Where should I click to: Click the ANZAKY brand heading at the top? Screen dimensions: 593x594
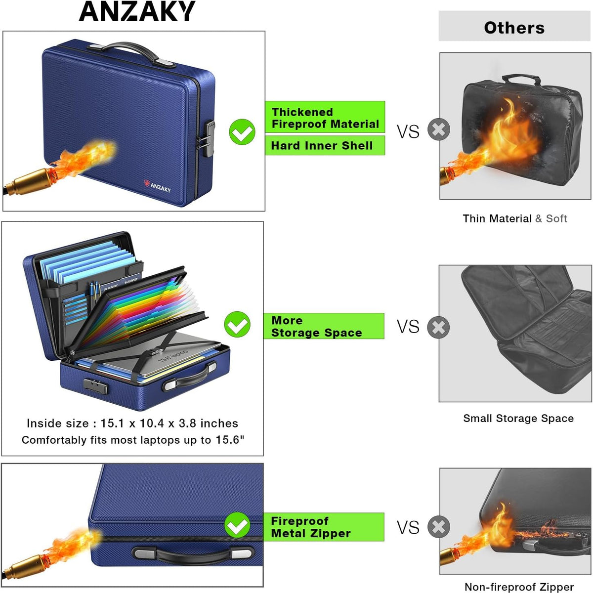137,11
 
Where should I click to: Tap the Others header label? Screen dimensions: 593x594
514,28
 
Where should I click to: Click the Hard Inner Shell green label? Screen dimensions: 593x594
325,145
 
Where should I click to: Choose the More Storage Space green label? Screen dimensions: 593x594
324,326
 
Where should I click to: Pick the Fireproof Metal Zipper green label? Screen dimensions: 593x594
324,527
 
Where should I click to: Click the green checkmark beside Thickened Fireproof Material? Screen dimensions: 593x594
242,131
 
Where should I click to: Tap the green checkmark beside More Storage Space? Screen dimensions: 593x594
237,324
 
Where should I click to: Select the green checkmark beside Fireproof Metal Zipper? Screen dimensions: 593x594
237,525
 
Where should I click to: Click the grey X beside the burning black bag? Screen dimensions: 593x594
439,129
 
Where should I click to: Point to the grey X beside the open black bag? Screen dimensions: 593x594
438,327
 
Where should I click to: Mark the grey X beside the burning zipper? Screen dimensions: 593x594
439,527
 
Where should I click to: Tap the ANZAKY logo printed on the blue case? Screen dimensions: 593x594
157,186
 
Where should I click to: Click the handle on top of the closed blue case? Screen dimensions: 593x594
131,53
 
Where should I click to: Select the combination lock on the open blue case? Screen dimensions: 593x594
95,385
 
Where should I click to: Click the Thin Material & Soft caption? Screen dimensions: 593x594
514,218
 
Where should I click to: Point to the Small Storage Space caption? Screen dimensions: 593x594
518,418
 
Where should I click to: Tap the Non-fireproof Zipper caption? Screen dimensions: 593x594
519,587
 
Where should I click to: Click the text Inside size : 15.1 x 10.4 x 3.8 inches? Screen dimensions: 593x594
132,423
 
